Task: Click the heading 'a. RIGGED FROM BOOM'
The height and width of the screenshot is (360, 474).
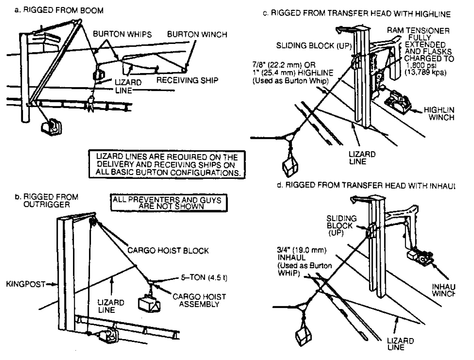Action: pyautogui.click(x=58, y=10)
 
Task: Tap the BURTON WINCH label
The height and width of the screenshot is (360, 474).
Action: pyautogui.click(x=197, y=34)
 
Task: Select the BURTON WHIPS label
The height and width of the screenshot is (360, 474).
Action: pyautogui.click(x=122, y=34)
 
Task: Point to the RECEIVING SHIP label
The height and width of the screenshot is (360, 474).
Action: pyautogui.click(x=187, y=80)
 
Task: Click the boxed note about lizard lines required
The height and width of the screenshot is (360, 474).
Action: pyautogui.click(x=167, y=164)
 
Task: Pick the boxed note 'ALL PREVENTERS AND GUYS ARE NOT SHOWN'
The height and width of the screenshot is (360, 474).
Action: pyautogui.click(x=167, y=203)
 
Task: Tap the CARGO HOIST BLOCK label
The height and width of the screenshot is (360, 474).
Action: pyautogui.click(x=168, y=251)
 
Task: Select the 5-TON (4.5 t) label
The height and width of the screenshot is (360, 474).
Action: pyautogui.click(x=204, y=277)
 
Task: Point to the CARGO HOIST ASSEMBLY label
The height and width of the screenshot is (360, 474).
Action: pyautogui.click(x=199, y=300)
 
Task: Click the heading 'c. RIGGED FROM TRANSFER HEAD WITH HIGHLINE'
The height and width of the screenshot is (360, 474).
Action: pyautogui.click(x=356, y=14)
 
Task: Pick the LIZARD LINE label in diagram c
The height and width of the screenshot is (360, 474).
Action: pyautogui.click(x=362, y=158)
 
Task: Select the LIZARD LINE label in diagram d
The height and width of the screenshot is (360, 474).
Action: pyautogui.click(x=400, y=344)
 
